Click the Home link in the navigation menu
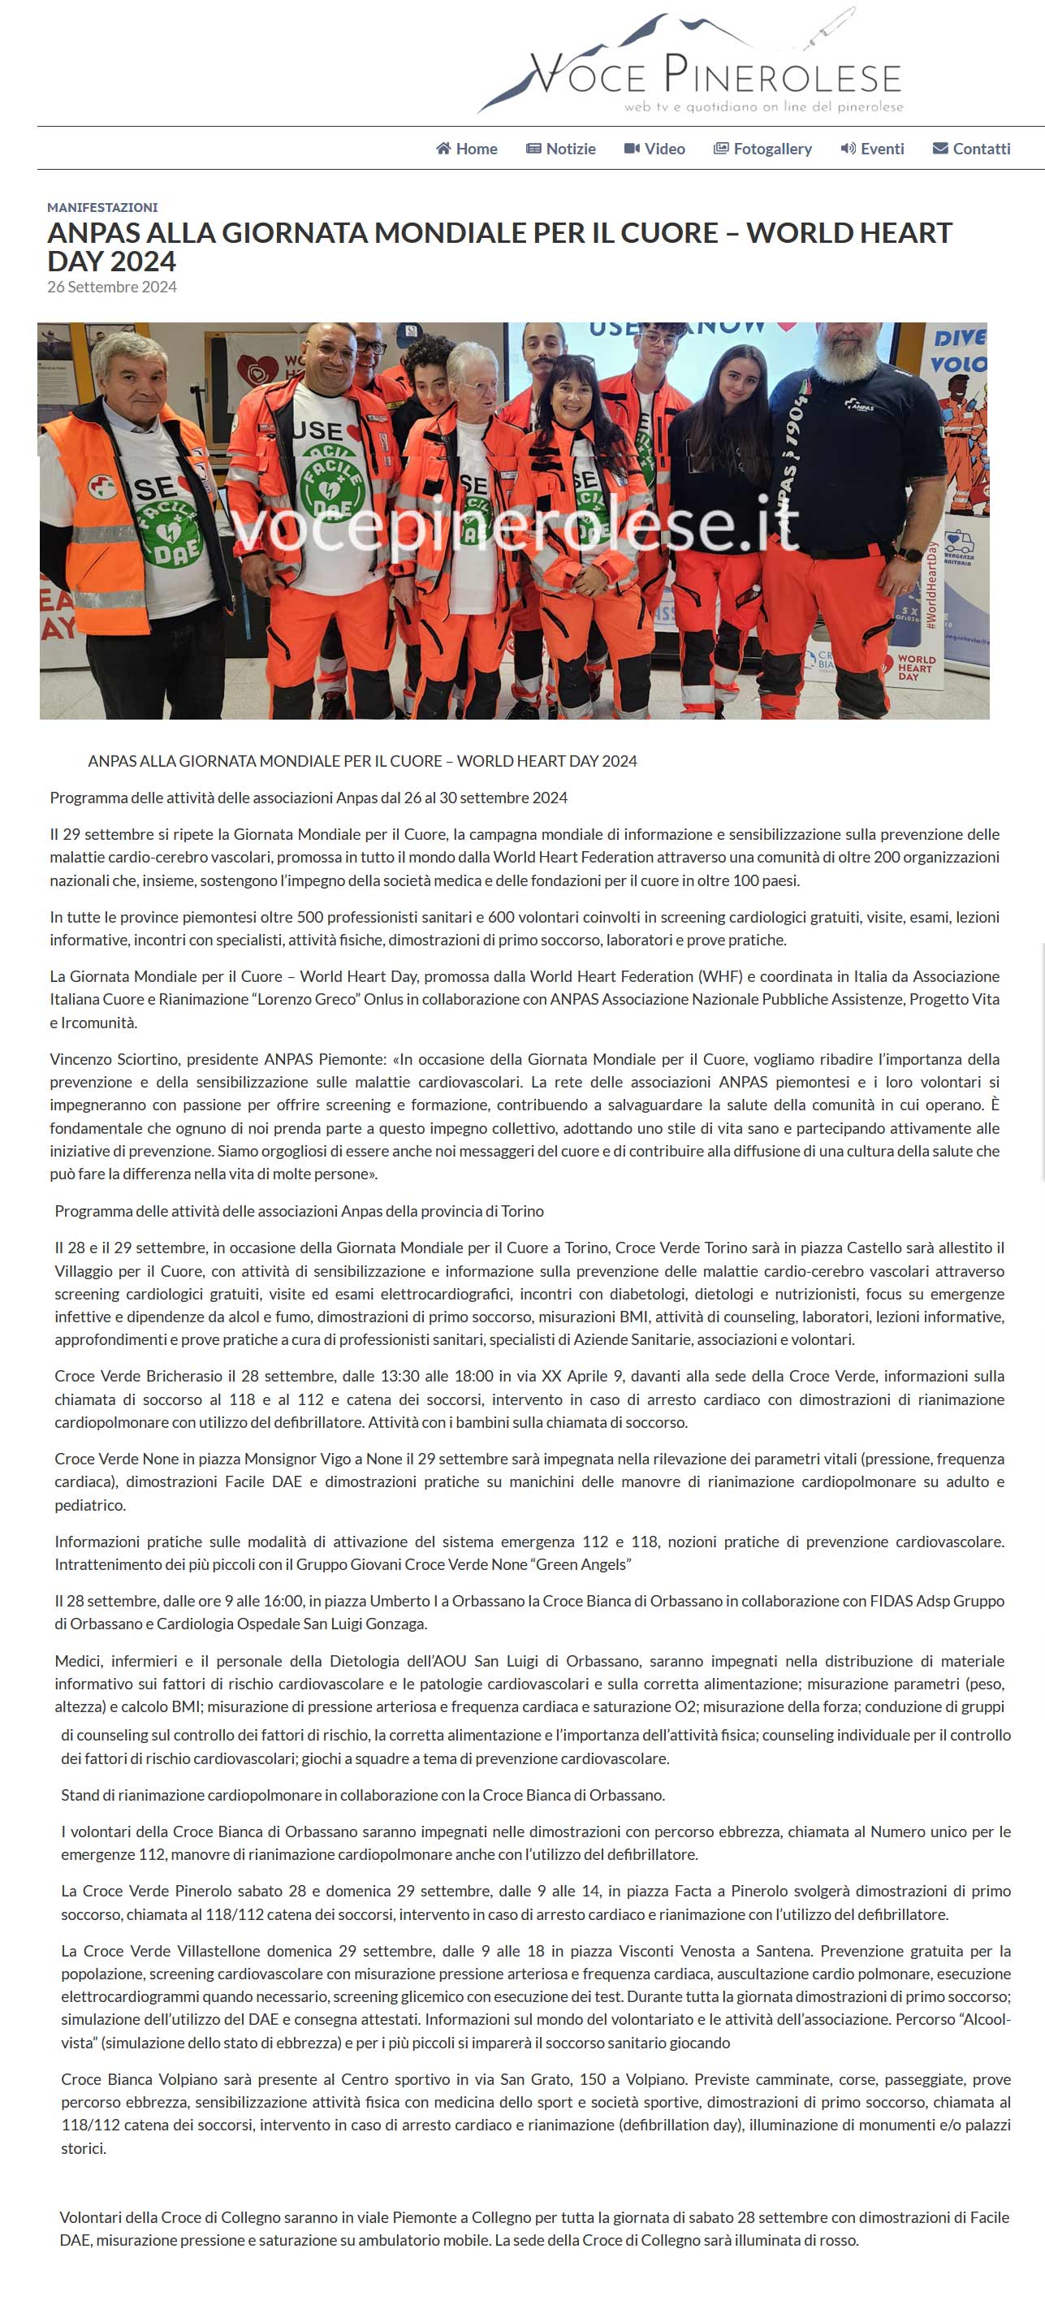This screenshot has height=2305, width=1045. point(466,149)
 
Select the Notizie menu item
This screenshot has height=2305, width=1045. point(561,149)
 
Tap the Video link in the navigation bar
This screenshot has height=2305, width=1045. point(655,149)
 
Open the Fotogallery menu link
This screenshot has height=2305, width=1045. point(762,149)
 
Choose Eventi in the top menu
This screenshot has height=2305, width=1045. point(872,149)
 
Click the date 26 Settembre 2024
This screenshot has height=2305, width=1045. point(112,288)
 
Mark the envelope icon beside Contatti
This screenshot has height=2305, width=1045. point(940,149)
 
